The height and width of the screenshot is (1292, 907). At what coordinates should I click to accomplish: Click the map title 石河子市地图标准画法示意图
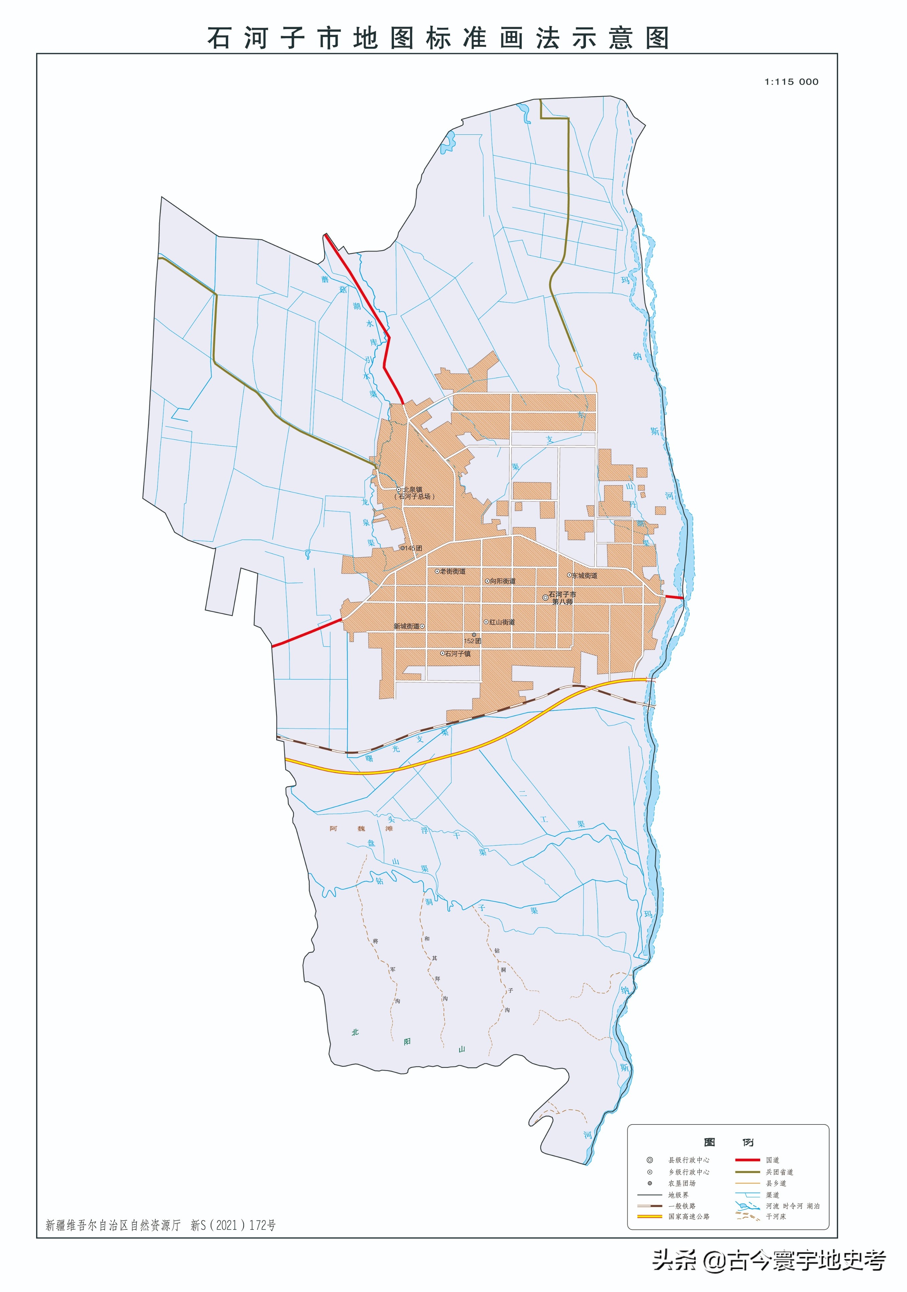(438, 38)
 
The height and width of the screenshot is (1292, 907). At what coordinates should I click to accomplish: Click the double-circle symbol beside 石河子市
(545, 598)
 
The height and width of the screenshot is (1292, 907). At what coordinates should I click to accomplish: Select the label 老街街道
(452, 571)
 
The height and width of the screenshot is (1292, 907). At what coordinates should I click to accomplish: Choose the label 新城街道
(406, 626)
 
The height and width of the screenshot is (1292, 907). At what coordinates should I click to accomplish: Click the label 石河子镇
(458, 654)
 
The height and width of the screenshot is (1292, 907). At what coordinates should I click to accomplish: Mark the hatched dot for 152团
(474, 635)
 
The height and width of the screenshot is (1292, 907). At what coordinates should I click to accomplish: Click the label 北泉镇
(412, 490)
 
